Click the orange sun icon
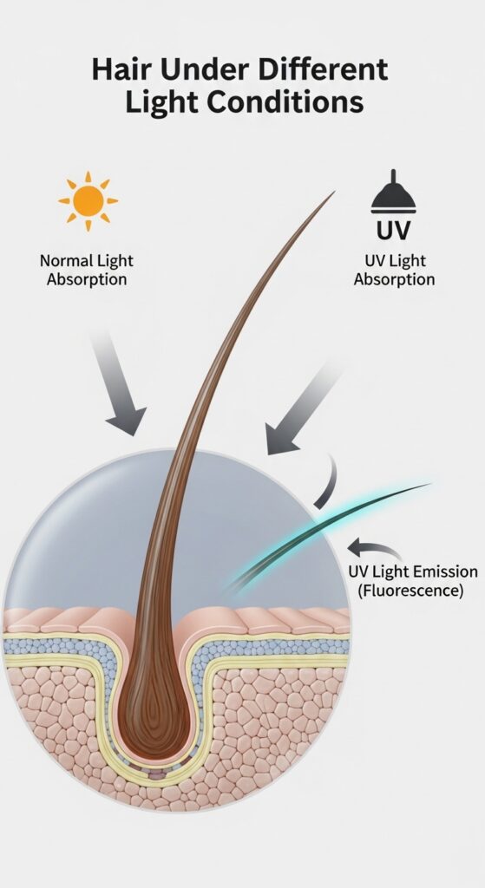[x=88, y=201]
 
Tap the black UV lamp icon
[x=393, y=193]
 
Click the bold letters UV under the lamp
[x=393, y=231]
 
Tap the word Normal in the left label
[x=64, y=261]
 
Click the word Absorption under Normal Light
[x=87, y=280]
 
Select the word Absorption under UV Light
[x=395, y=279]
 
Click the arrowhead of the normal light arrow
[x=126, y=421]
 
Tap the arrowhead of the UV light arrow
[x=282, y=438]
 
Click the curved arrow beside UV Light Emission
[x=374, y=547]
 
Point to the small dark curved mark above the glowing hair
[x=329, y=481]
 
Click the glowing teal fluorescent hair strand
[x=329, y=534]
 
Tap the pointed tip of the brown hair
[x=334, y=192]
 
